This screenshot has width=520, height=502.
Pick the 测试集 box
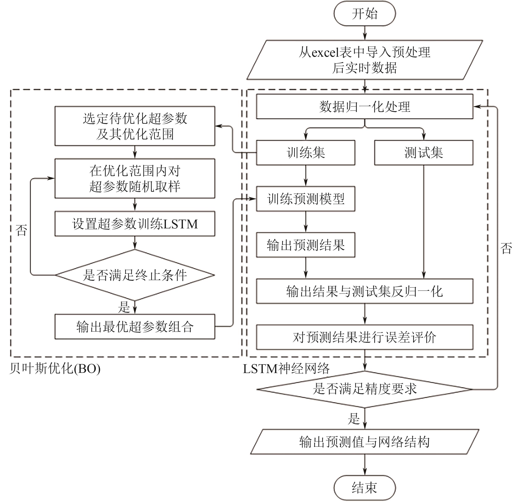(x=423, y=153)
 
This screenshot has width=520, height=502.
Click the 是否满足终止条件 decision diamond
(x=135, y=275)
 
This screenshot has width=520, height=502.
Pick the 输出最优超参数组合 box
(x=135, y=327)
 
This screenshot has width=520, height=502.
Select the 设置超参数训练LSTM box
(x=135, y=224)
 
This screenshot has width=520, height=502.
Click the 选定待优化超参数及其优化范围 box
(x=135, y=126)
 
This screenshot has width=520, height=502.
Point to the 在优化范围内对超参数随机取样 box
(x=135, y=178)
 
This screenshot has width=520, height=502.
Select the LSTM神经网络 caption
(x=286, y=368)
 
